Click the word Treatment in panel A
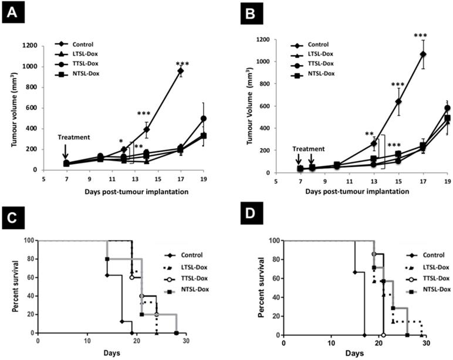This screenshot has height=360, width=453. pyautogui.click(x=75, y=137)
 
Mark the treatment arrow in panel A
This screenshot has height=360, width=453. pyautogui.click(x=65, y=154)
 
